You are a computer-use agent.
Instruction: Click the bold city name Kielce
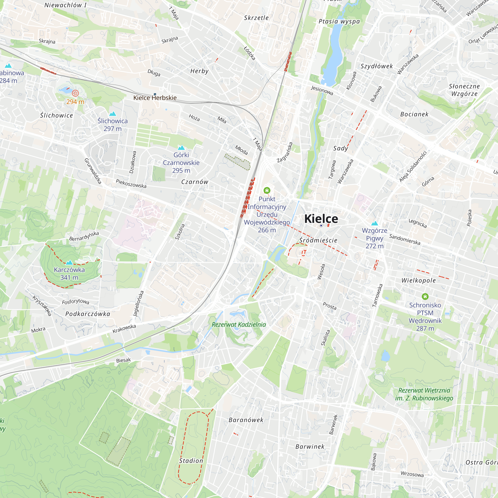(321, 219)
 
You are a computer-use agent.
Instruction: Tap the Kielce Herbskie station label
(155, 98)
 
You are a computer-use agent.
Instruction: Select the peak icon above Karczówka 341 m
(69, 262)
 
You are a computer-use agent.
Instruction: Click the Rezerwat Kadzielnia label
(239, 324)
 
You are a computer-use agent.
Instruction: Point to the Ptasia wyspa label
(339, 21)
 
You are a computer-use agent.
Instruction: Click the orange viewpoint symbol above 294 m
(75, 93)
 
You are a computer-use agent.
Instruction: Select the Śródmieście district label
(318, 240)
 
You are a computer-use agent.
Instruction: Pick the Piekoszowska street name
(131, 184)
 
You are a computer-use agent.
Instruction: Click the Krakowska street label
(124, 328)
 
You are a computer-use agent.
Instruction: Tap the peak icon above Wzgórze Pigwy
(374, 223)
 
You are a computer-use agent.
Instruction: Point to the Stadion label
(191, 461)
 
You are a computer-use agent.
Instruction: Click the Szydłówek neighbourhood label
(376, 66)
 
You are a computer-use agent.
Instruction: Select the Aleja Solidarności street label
(413, 167)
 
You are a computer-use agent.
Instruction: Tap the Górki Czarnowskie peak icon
(181, 147)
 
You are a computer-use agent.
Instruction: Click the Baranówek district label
(246, 420)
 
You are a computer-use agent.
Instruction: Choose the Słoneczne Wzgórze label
(464, 90)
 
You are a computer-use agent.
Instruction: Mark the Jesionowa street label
(322, 90)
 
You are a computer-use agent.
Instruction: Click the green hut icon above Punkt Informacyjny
(267, 190)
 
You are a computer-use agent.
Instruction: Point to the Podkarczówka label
(88, 314)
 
